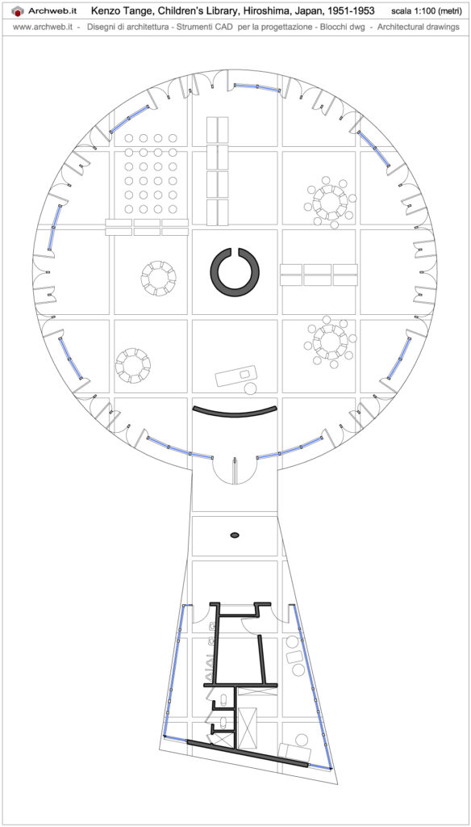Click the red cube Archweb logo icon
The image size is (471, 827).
click(x=18, y=10)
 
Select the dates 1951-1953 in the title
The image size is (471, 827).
click(x=350, y=10)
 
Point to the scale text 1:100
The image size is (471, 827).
click(x=420, y=11)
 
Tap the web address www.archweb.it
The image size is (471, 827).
click(x=43, y=27)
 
